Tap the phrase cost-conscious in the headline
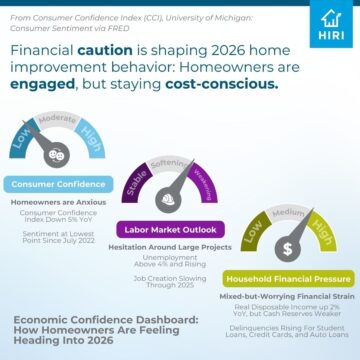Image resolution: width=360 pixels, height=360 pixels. click(x=219, y=85)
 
